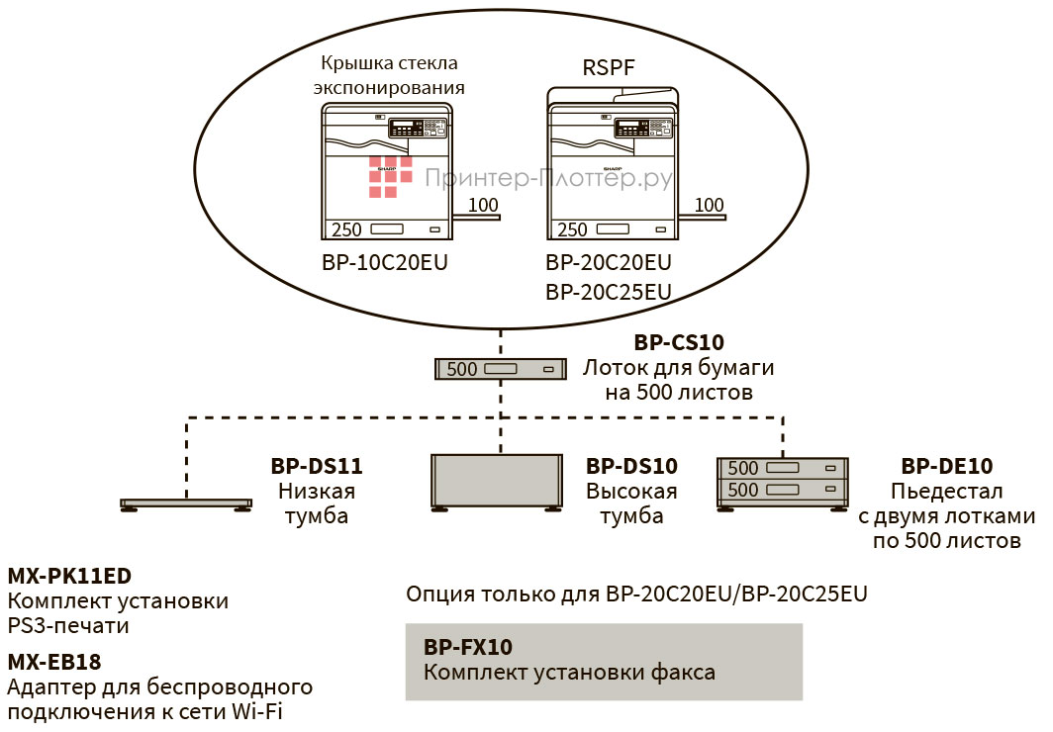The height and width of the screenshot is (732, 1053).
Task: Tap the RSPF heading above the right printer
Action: (x=607, y=67)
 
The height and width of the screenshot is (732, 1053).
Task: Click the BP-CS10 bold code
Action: (x=678, y=343)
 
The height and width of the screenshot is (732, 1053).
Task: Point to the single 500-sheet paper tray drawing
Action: (x=501, y=369)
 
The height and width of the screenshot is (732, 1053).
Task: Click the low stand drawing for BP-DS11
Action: (x=184, y=503)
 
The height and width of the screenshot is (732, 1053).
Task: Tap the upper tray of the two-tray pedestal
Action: (x=782, y=468)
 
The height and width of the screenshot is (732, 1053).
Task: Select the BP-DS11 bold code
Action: (x=317, y=465)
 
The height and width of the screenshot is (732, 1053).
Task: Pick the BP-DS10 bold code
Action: (x=631, y=465)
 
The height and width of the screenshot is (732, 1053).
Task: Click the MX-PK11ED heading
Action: (x=69, y=576)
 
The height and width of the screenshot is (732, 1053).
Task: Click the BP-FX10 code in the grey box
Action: (x=468, y=648)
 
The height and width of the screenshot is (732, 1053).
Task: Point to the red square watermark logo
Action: (x=391, y=176)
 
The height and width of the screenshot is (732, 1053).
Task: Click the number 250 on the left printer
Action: (x=346, y=229)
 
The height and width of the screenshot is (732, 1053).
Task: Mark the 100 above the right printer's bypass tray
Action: (x=709, y=206)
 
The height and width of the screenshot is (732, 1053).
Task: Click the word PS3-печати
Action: (x=68, y=625)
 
